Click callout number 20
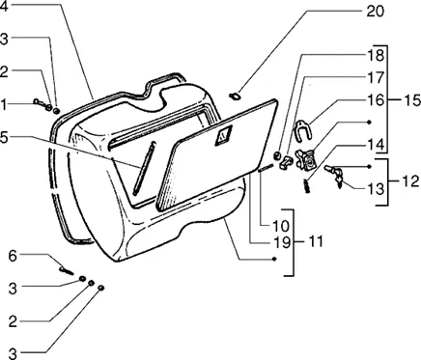pos(375,12)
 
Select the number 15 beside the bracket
pos(411,100)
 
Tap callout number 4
pos(5,7)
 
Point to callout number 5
pos(5,138)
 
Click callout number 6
pos(13,257)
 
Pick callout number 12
pos(410,181)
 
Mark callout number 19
pos(281,243)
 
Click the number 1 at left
pos(4,105)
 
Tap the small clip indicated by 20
pos(235,96)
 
